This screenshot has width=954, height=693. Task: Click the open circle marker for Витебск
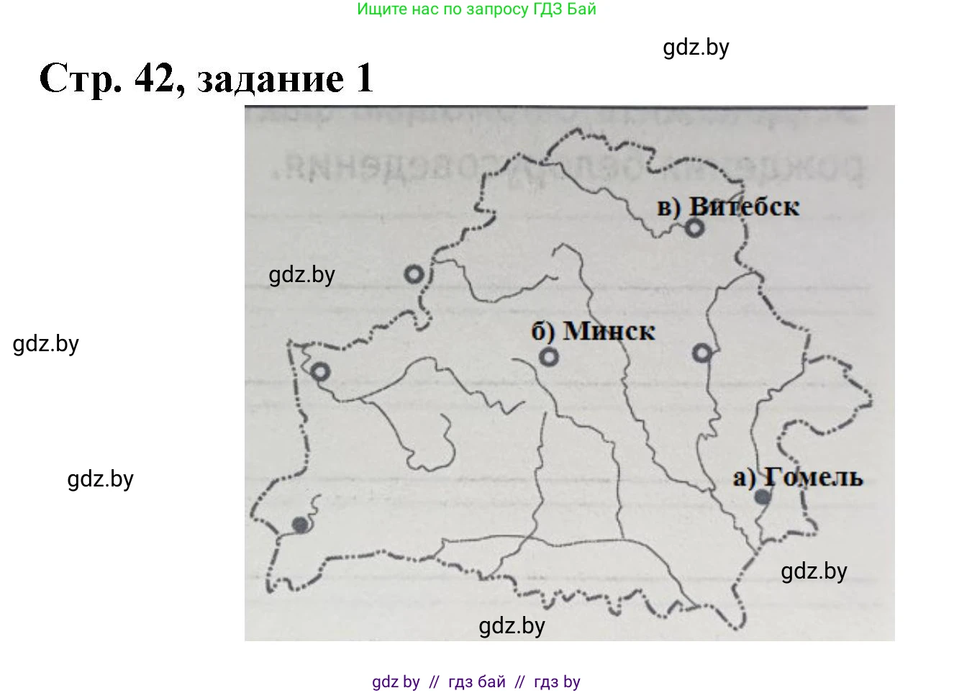[x=694, y=227]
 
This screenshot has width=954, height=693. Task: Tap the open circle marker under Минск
[x=549, y=357]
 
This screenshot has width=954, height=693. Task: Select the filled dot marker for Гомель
[x=763, y=497]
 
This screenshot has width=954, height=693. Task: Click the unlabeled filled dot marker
[x=301, y=525]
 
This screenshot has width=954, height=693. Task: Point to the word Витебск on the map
[x=744, y=207]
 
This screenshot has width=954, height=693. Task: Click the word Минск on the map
[x=609, y=331]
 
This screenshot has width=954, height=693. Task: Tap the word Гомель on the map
[x=813, y=477]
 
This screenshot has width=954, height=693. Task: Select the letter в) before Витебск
[x=669, y=208]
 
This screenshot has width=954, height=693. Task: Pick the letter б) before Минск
[x=543, y=332]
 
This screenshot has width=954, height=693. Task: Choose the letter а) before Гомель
[x=744, y=478]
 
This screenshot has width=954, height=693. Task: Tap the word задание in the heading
[x=271, y=80]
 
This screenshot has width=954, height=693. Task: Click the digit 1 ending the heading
[x=364, y=78]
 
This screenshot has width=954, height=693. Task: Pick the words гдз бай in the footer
[x=476, y=681]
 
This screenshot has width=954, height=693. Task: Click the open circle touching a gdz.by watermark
[x=414, y=274]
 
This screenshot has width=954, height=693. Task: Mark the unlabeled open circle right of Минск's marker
[x=702, y=353]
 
